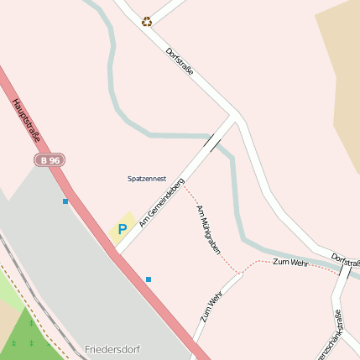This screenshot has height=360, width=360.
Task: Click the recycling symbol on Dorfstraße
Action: click(147, 22)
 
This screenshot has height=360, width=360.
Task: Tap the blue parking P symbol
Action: click(123, 228)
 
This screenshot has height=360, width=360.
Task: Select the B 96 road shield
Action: click(50, 159)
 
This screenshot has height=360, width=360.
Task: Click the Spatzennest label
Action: click(147, 179)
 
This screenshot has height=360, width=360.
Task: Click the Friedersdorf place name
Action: click(112, 349)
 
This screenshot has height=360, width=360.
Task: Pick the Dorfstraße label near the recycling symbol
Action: click(180, 61)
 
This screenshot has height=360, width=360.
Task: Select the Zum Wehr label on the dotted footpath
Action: click(291, 263)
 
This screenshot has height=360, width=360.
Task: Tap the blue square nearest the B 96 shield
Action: click(65, 201)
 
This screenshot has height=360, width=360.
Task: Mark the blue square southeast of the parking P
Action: click(149, 279)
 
